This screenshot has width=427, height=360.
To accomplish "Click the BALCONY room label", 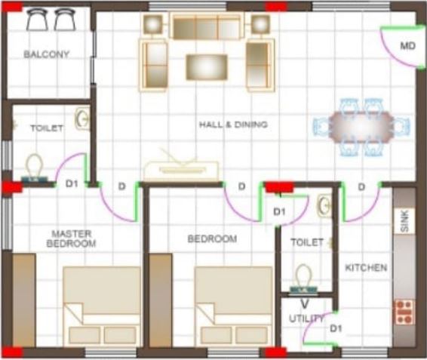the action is [46, 54].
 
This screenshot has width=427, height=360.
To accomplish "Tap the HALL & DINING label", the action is [233, 125].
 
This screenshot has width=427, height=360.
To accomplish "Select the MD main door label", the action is [407, 46].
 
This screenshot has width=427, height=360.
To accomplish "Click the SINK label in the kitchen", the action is [405, 220].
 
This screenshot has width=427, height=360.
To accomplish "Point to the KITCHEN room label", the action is [366, 268].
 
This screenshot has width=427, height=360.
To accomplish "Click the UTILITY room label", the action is [306, 318].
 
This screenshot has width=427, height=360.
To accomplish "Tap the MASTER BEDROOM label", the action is [72, 238].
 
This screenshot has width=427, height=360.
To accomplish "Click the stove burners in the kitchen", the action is [404, 312].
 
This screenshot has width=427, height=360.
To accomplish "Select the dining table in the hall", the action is [361, 127].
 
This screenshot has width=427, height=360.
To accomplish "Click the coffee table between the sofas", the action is [207, 67].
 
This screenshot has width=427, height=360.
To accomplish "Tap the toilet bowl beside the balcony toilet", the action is [34, 167].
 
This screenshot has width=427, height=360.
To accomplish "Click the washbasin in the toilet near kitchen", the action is [324, 206].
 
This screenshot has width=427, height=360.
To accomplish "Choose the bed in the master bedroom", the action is [102, 306].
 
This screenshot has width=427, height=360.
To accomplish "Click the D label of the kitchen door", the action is [361, 187].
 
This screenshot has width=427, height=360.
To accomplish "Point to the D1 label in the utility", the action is [336, 328].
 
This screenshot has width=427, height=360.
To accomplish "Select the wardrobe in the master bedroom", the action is [24, 300].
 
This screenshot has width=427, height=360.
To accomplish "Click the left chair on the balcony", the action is [37, 19].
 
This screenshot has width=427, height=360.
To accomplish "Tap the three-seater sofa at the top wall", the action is [207, 26].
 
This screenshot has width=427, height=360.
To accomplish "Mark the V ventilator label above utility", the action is [305, 303].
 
